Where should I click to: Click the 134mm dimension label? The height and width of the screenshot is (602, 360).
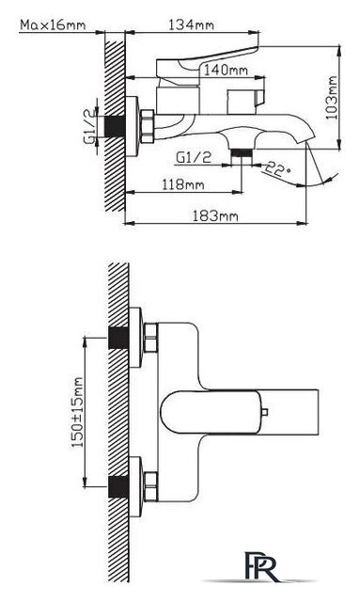(191, 25)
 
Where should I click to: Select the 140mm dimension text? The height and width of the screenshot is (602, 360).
(226, 71)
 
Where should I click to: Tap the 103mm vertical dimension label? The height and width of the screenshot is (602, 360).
(332, 98)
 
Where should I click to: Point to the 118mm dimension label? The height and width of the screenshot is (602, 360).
(182, 184)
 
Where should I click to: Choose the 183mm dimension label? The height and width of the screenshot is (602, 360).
(215, 215)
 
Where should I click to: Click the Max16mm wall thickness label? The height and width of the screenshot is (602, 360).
(53, 25)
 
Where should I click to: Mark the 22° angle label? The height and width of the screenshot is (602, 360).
(277, 168)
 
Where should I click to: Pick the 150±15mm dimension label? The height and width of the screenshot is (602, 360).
(77, 412)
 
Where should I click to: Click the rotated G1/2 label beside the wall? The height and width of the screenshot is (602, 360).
(89, 127)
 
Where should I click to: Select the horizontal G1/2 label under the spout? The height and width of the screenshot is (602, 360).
(194, 157)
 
